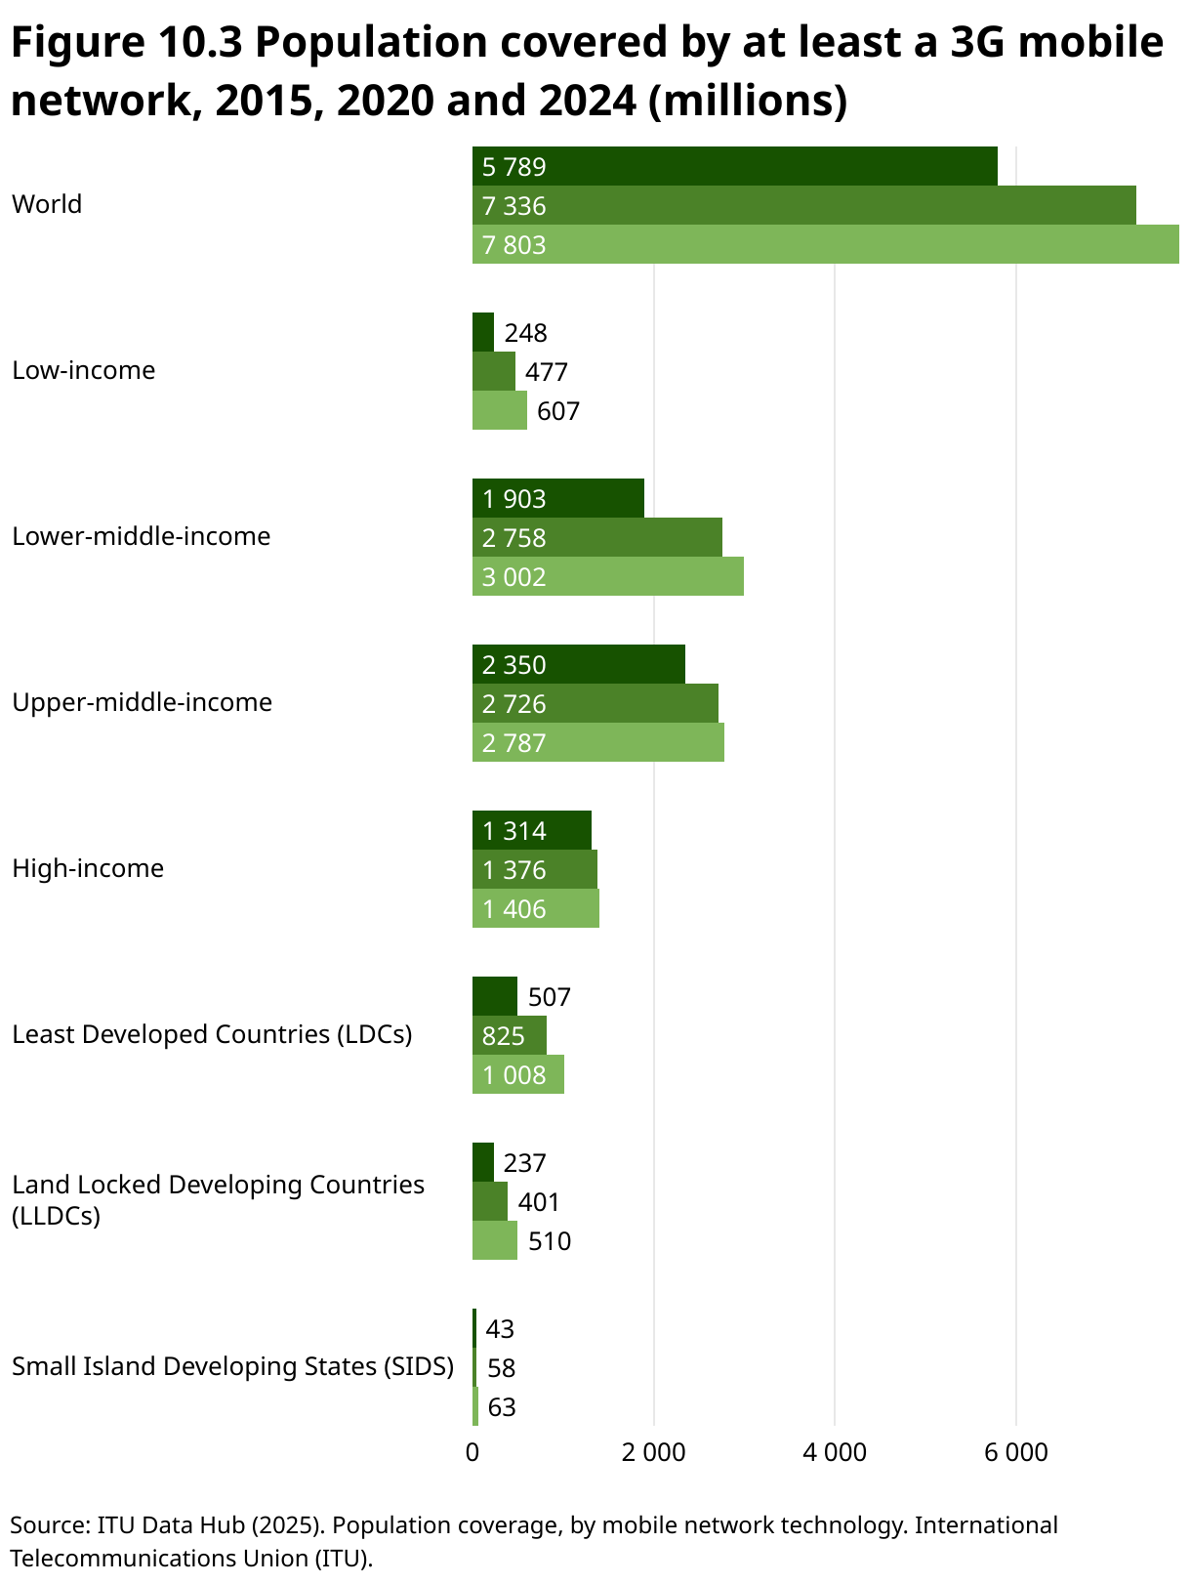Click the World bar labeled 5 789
(734, 166)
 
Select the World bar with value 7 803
(825, 244)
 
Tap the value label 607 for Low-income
(558, 411)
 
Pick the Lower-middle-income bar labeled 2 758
(596, 537)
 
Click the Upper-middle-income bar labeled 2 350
(578, 664)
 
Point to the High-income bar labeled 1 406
(535, 908)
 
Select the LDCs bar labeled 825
(509, 1035)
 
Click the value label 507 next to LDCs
(549, 997)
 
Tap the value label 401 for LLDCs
(539, 1202)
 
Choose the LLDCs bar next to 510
(494, 1240)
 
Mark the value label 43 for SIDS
(500, 1329)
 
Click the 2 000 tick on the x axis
(653, 1452)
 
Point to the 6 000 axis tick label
(1015, 1452)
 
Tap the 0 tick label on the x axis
(472, 1452)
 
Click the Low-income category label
(83, 370)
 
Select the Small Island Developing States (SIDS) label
(232, 1366)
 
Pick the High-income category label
(88, 868)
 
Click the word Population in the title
(378, 43)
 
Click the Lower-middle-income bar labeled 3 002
(607, 576)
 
